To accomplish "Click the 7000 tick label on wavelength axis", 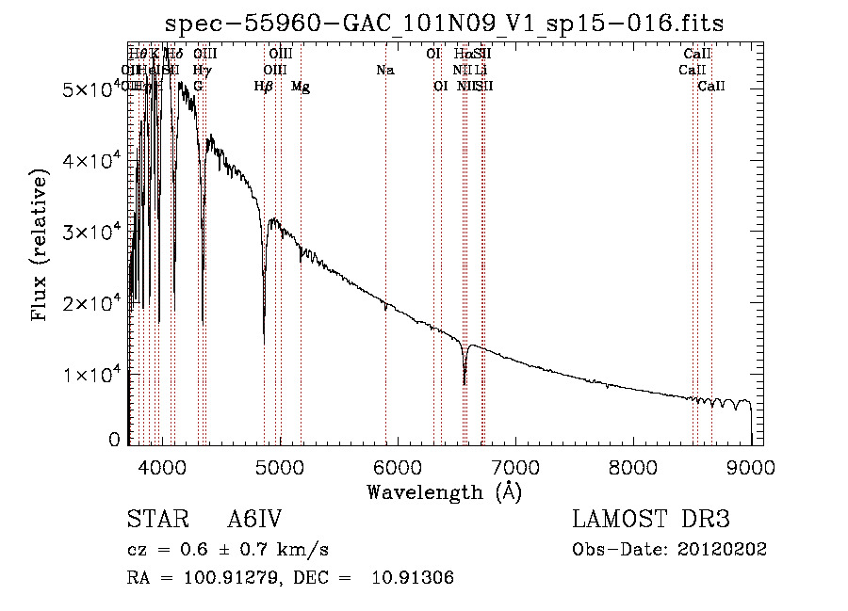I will coord(514,466).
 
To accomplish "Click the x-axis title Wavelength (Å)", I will coord(444,491).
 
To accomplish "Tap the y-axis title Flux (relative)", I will coord(40,247).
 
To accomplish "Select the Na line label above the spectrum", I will coord(384,71).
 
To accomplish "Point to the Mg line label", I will coord(301,87).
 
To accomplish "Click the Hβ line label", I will coord(264,87).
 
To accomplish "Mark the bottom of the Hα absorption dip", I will coord(465,383).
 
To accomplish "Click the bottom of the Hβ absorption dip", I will coord(264,341).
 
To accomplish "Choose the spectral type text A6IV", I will coord(254,521).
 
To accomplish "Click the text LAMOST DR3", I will coord(651,521).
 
